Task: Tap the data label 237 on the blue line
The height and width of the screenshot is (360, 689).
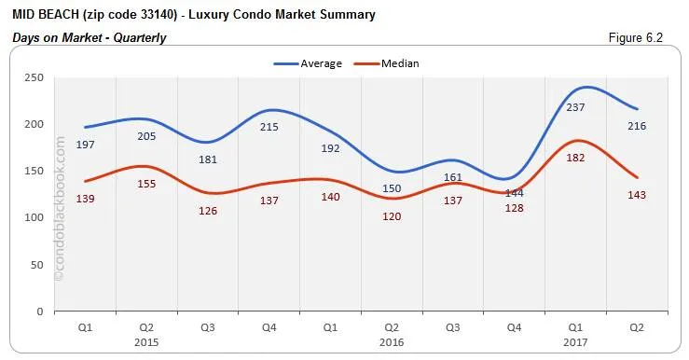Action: pos(576,107)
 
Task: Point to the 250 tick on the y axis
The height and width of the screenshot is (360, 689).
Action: pos(34,78)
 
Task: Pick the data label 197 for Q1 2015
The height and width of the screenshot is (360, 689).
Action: pos(86,145)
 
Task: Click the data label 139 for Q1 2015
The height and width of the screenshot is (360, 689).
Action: pos(86,199)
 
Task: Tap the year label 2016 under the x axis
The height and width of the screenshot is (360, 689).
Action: pos(392,342)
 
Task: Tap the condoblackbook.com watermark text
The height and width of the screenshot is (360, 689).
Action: pos(60,209)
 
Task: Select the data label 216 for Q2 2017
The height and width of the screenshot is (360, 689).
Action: pos(637,126)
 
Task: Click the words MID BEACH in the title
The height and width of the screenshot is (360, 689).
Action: pos(43,15)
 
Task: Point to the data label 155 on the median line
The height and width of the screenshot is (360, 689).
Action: pos(146,184)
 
